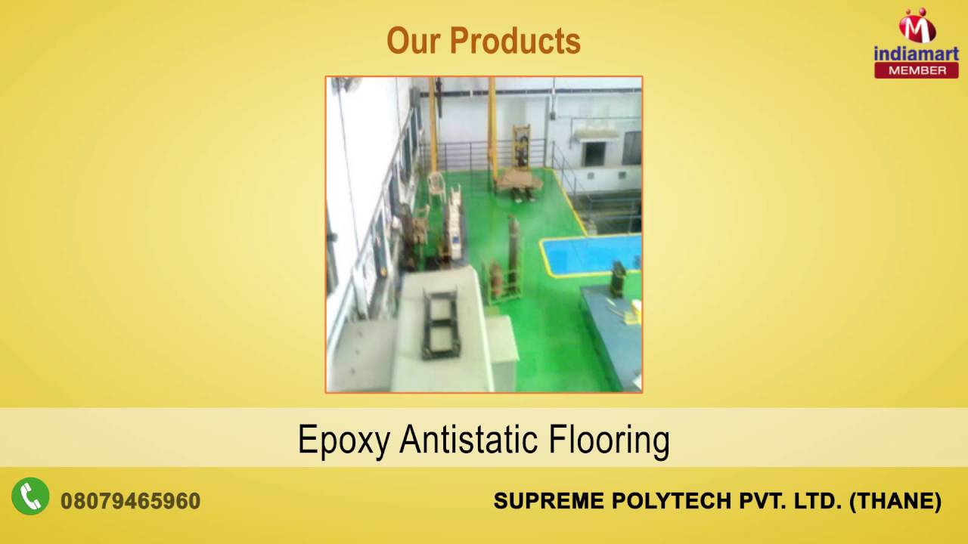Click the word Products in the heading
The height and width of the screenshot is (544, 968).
pos(514,42)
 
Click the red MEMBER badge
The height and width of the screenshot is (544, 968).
pos(916,70)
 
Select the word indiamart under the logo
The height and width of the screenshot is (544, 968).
pos(916,54)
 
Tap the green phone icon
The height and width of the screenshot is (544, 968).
pos(30,496)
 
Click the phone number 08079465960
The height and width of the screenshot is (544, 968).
pos(130,501)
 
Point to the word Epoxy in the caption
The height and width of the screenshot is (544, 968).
pos(344,440)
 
